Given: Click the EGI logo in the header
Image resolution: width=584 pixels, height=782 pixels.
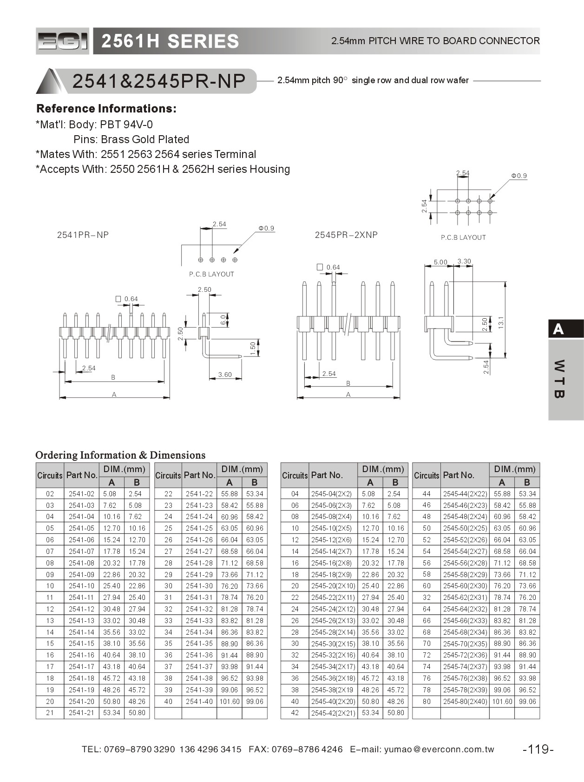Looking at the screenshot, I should point(62,41).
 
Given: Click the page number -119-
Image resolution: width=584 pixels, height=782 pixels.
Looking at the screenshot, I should point(538,749).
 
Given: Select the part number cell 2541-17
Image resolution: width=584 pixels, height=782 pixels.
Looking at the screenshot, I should point(81,667).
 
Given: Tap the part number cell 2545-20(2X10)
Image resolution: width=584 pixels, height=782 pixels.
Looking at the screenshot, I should point(333,586).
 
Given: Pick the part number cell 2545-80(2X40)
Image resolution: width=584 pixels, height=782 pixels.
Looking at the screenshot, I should point(465,702).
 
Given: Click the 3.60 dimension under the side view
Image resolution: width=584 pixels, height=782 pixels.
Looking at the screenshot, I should point(225,375).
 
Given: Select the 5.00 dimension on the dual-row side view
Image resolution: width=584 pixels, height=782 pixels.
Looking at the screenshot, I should point(440,262).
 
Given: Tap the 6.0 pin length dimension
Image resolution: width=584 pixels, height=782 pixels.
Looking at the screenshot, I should point(223,320).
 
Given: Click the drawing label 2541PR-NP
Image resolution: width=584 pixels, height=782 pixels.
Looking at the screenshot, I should point(83,235).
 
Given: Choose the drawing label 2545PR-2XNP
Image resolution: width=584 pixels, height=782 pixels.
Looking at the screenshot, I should point(346,235).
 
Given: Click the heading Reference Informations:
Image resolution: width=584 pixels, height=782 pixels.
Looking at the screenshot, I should point(106,109).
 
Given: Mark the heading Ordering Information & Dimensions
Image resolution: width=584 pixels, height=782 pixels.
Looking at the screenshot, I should point(120,455).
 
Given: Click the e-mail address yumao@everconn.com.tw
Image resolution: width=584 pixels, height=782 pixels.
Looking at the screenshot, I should point(439,749).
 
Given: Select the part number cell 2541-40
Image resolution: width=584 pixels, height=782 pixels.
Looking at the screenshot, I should point(199,702).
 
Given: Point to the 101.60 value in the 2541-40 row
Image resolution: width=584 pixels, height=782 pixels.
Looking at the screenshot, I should point(230,702).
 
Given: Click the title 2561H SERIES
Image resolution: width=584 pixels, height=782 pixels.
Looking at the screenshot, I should point(170,41).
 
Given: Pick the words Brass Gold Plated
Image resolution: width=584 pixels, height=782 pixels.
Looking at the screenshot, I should point(145,139).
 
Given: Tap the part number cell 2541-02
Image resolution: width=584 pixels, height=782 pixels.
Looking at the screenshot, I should point(81,494).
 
